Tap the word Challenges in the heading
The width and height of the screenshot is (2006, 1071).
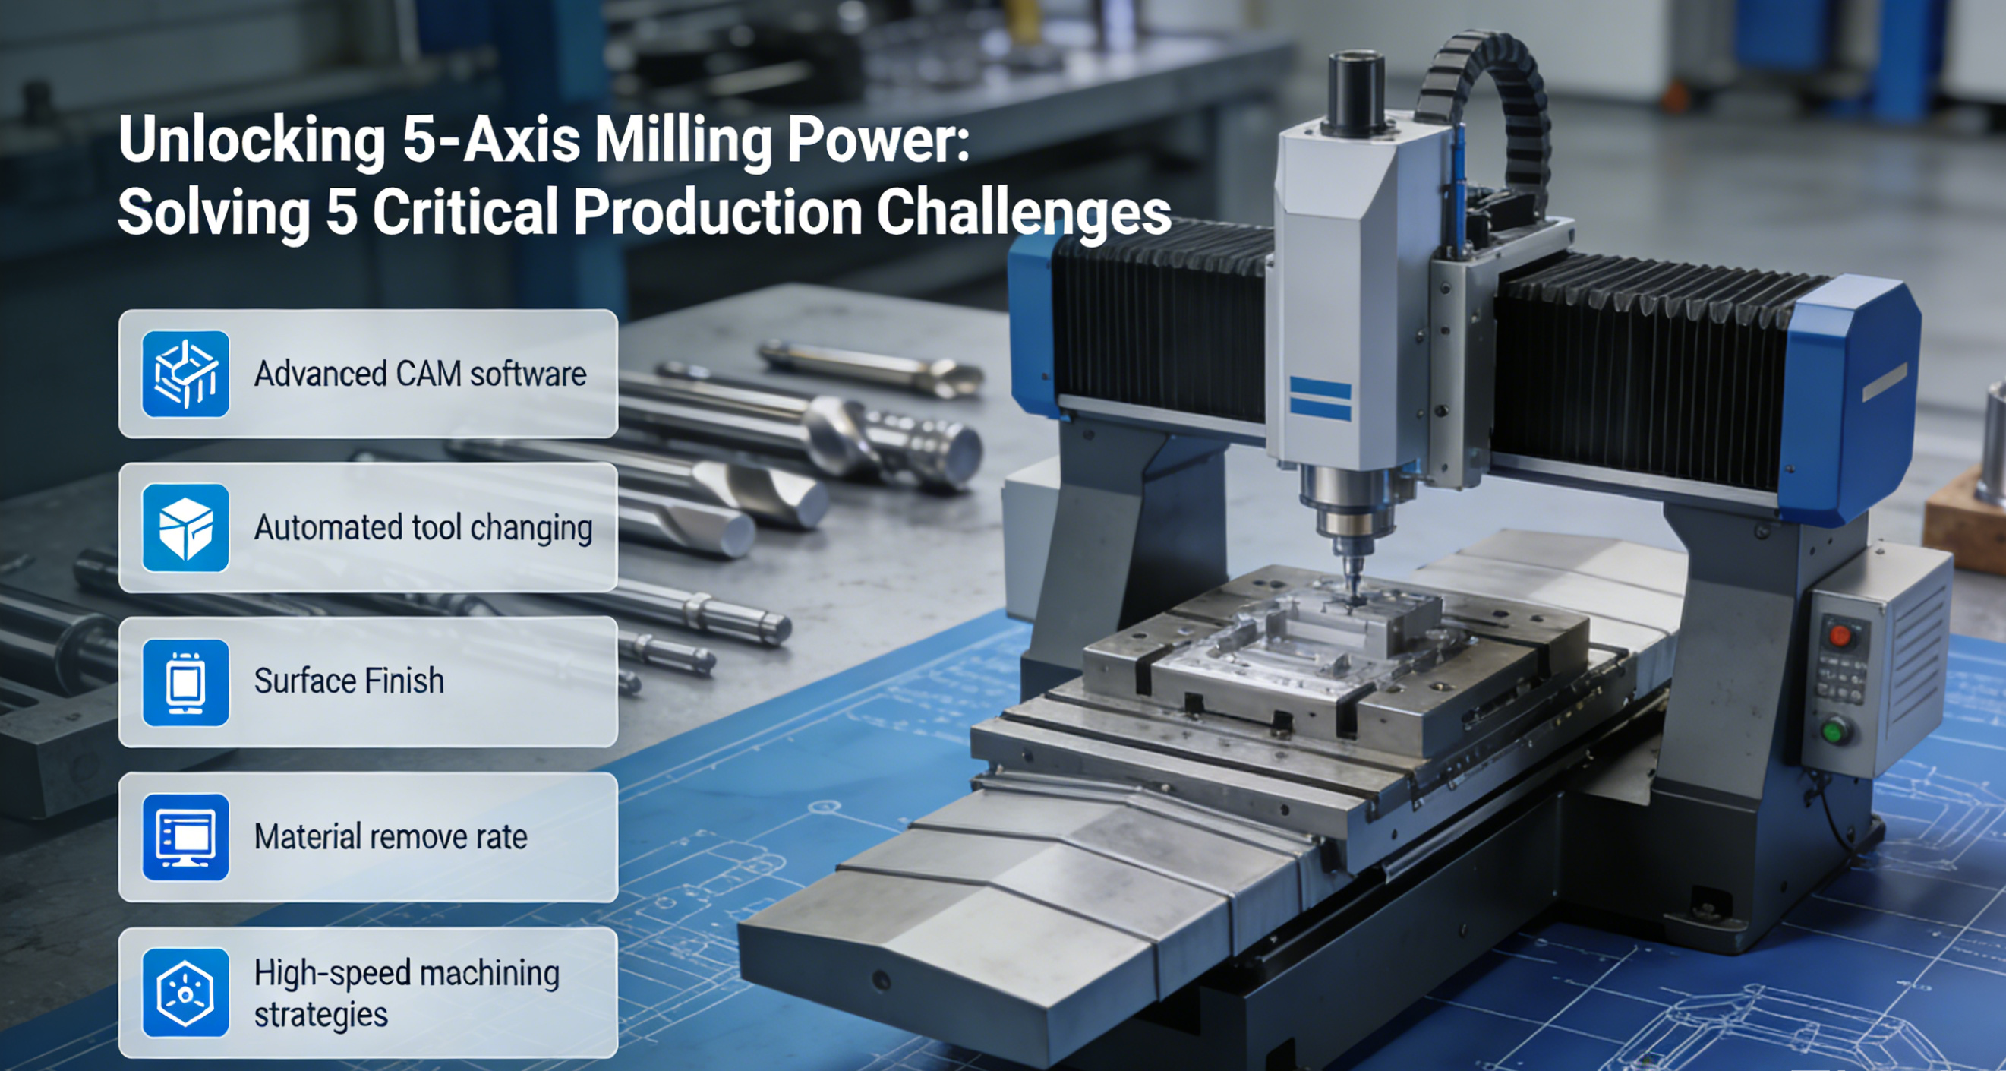[x=1024, y=212]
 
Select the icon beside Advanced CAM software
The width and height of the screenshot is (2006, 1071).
[x=185, y=374]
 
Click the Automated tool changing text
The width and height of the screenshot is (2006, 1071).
[x=423, y=528]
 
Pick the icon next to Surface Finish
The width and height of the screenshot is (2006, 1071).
[x=185, y=682]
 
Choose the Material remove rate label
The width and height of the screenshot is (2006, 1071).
[x=391, y=836]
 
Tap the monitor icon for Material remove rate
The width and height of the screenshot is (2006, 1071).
[x=185, y=837]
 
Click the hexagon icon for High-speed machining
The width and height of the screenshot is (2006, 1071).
[x=185, y=992]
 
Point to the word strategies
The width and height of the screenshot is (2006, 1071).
[x=321, y=1015]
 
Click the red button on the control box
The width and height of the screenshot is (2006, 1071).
[x=1840, y=636]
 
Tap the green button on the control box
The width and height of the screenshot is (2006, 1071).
[x=1834, y=731]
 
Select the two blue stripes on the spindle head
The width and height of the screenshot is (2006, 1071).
[x=1320, y=398]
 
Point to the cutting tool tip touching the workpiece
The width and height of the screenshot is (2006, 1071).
[x=1356, y=599]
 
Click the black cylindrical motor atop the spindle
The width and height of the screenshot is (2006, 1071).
[x=1356, y=92]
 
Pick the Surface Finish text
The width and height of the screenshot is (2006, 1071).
[x=349, y=681]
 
